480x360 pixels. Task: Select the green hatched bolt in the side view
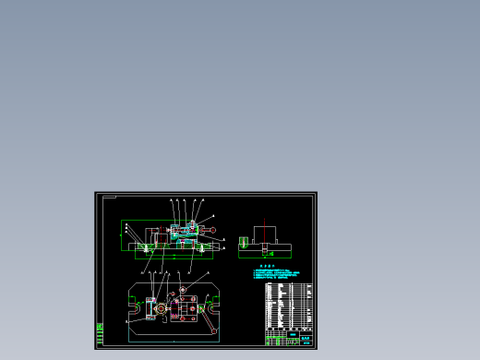244,243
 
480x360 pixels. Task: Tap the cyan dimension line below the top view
174,341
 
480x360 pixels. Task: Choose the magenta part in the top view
176,302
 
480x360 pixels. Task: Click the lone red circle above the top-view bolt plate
183,289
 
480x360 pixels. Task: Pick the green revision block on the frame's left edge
100,333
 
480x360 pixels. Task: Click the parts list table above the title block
288,306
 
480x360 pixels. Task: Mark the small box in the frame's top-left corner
109,196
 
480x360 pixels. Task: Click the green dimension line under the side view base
265,259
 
